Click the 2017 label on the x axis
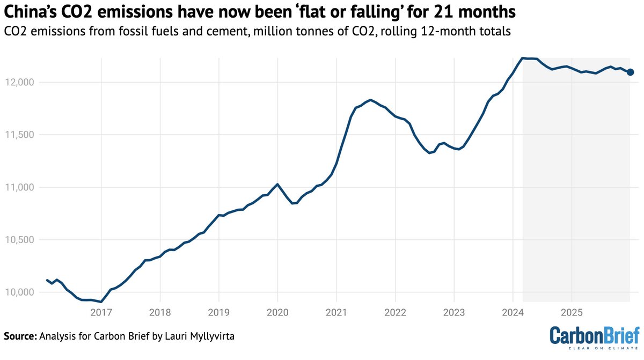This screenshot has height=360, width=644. coord(101,313)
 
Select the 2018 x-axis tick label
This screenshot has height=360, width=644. coord(160,313)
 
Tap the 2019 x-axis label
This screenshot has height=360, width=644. coord(219,313)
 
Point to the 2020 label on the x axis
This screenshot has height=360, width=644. coord(277,313)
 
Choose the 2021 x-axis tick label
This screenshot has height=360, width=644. coord(336,313)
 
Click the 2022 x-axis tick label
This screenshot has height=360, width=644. coord(395,313)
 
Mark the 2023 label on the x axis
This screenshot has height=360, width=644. coord(454,313)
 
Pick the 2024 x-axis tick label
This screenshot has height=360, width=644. coord(513,313)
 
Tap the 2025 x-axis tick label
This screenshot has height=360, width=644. coord(572,313)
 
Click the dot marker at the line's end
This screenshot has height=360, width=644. coord(631,72)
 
